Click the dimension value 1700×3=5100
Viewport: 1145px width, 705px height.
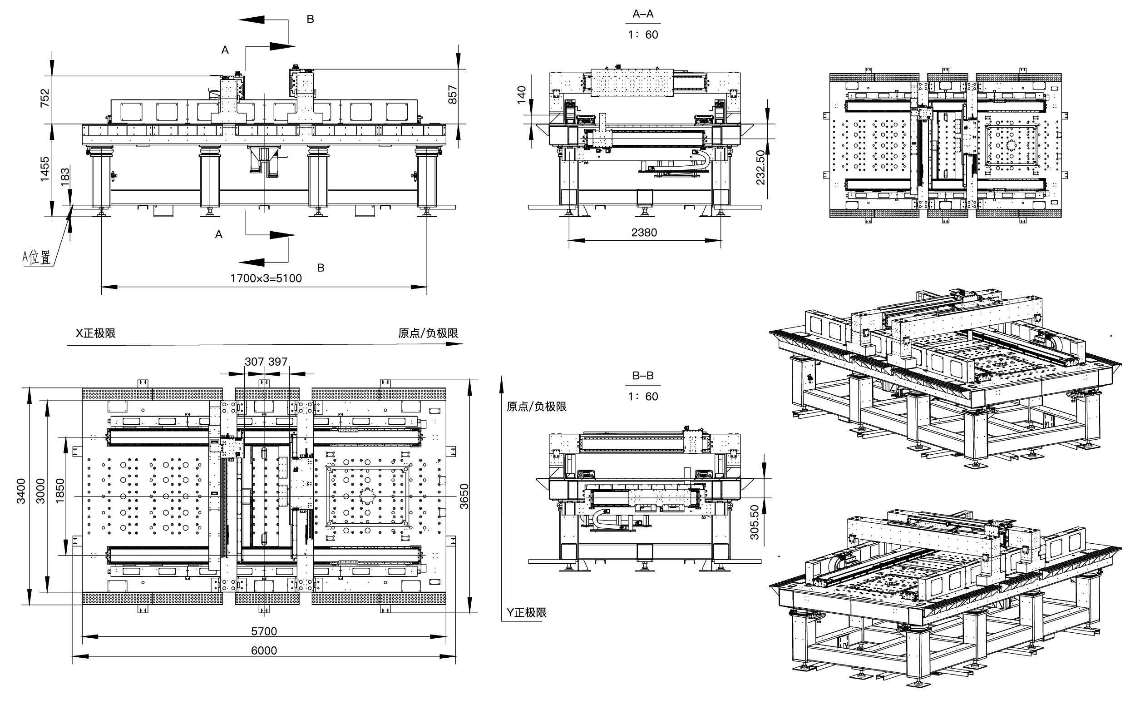pos(266,278)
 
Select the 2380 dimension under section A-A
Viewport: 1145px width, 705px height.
pos(644,233)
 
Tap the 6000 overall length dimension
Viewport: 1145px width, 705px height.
pos(264,650)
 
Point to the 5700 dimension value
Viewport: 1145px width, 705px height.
pos(264,631)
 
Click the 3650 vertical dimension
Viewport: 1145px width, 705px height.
pos(464,496)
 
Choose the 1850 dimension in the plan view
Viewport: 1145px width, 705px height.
pos(59,491)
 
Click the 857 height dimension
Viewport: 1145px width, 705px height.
pos(452,94)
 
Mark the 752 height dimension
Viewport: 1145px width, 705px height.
pos(45,98)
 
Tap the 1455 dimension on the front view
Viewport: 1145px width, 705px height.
pos(45,169)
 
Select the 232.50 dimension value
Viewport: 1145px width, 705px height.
pos(760,167)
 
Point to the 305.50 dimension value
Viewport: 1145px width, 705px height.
pos(755,522)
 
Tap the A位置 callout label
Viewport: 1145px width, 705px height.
pos(37,258)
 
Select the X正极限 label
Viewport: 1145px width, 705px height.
pos(95,333)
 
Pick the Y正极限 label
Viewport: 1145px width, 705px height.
pos(526,613)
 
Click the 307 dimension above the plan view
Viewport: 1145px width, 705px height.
pos(254,362)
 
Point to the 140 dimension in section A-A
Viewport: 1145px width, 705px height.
pos(522,94)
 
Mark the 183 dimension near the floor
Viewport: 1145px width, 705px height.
pos(65,177)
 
